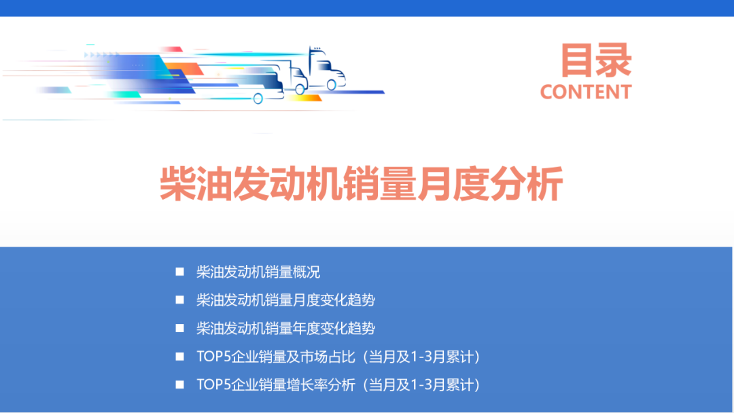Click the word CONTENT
586,92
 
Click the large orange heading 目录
596,60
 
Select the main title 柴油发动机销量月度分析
361,183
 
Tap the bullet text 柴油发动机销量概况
258,272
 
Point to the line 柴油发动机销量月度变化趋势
285,300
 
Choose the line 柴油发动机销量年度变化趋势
285,328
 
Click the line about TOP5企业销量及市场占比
338,357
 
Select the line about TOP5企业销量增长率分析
338,385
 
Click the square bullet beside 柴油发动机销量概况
180,272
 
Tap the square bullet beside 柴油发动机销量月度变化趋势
180,300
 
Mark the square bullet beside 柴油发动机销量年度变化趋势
180,328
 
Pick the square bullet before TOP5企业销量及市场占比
180,356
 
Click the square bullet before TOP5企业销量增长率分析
180,384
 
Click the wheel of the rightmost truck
331,85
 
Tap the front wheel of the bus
258,98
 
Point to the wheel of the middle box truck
300,88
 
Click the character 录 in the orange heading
614,60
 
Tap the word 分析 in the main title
526,183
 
